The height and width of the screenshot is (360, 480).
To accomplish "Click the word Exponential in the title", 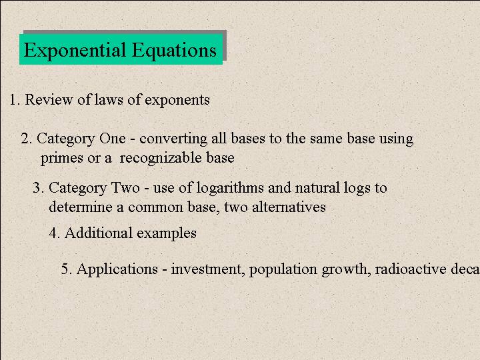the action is pos(75,50).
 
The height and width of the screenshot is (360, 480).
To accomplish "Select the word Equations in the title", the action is pos(174,50).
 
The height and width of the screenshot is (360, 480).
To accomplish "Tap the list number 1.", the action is pos(15,100).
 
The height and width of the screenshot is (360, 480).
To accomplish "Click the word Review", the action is pos(49,100).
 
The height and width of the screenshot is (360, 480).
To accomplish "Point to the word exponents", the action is pos(177,101).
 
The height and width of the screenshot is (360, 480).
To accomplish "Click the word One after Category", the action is pos(113,139).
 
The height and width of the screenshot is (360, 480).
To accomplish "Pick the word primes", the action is pos(62,159).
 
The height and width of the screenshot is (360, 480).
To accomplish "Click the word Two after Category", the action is pos(125,187).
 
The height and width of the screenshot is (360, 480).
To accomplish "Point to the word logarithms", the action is pos(230,188).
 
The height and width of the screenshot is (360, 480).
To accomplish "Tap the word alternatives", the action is pos(289,207).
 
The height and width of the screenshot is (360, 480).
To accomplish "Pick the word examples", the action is pos(167,234).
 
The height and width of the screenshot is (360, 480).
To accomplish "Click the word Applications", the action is pos(117,269).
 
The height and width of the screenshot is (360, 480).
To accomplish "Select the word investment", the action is pos(206,269).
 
